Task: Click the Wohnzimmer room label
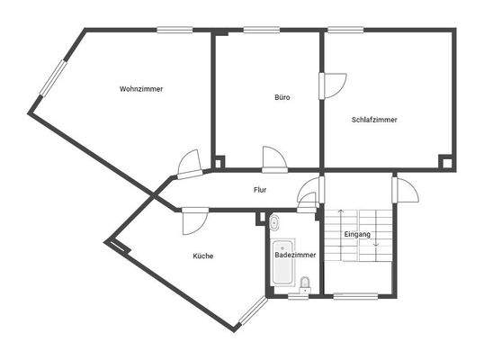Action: [140, 89]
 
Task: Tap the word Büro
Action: [282, 97]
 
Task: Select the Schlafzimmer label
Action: [374, 119]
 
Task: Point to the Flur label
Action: [259, 190]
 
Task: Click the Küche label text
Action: [202, 256]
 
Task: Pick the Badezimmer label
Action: [295, 256]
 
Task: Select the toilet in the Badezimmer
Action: [306, 284]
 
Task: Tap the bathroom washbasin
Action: [274, 220]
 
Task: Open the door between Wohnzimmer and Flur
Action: [190, 164]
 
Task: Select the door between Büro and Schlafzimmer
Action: [332, 84]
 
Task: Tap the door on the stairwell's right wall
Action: [404, 192]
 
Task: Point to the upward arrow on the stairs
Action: [340, 226]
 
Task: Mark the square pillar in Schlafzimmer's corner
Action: [444, 161]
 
